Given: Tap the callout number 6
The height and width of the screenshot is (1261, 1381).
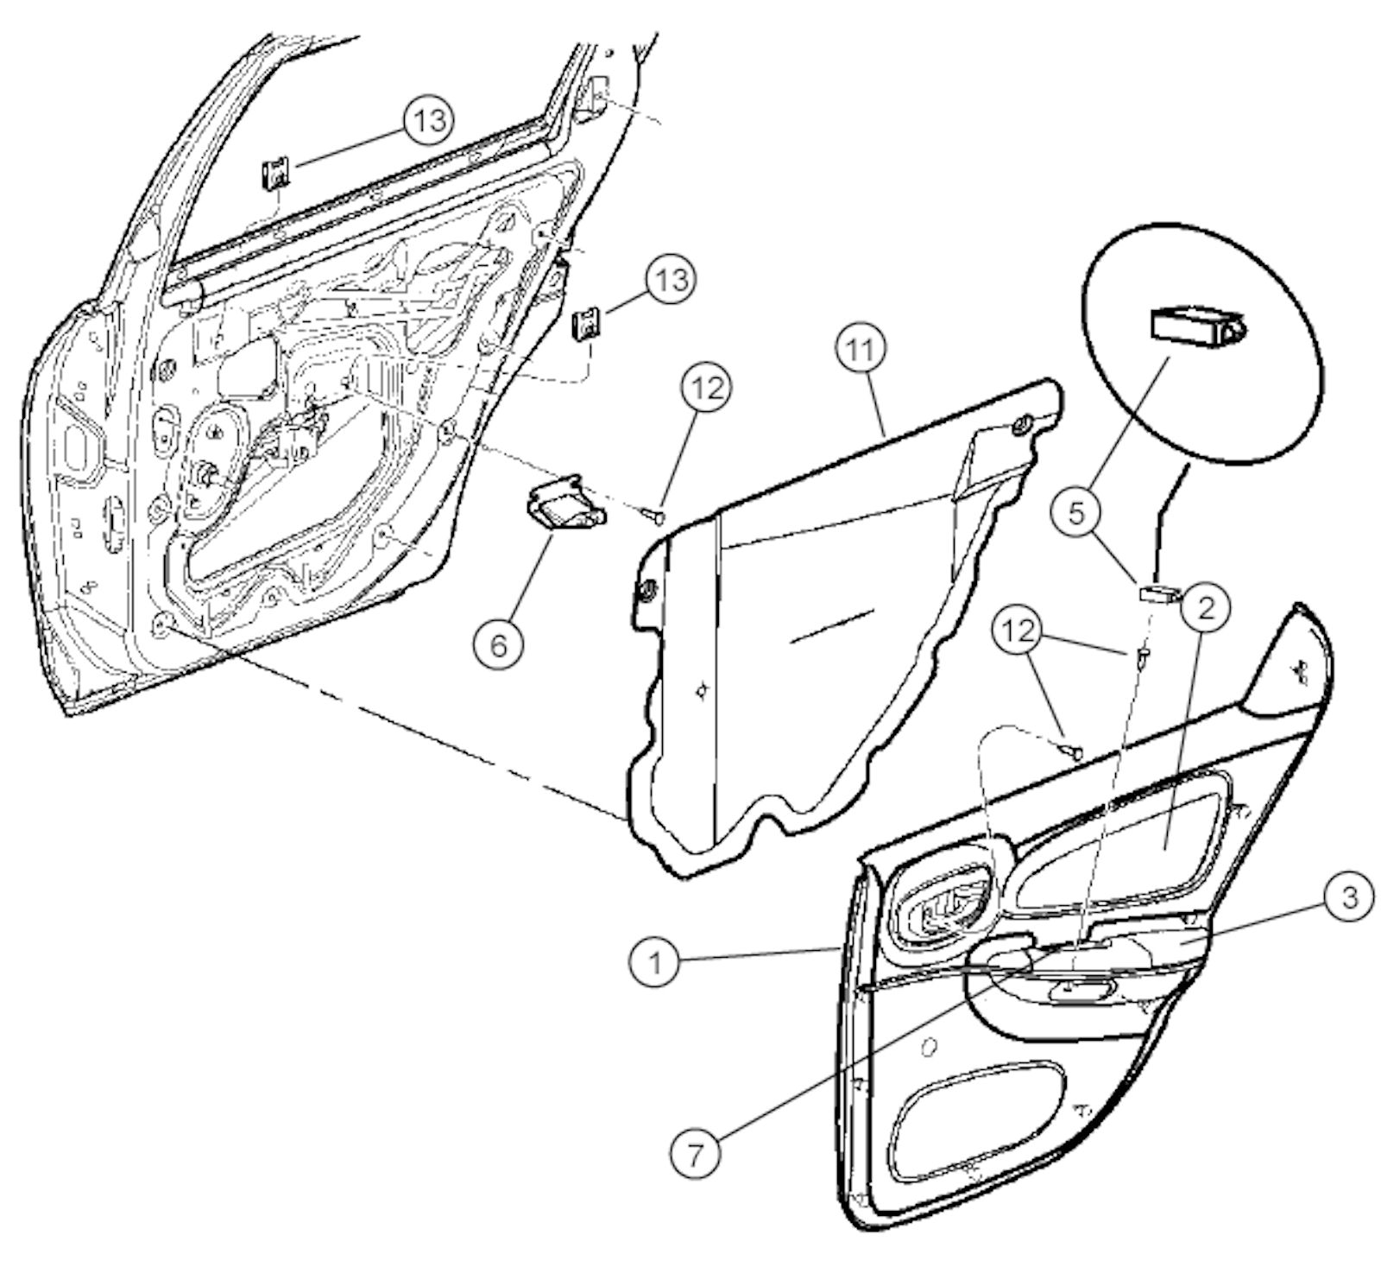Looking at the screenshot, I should [x=499, y=643].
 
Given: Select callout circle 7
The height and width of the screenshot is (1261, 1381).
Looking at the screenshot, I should [x=697, y=1153].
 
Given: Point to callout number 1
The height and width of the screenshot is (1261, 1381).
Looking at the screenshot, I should [x=655, y=961].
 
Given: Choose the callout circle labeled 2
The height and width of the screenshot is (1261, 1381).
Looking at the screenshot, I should [x=1205, y=607].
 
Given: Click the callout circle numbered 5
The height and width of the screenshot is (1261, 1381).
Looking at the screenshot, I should [x=1075, y=513].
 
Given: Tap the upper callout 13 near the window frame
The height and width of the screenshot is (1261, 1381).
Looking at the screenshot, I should [x=429, y=120].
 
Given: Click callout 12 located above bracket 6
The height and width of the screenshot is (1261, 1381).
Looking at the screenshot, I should [x=706, y=388].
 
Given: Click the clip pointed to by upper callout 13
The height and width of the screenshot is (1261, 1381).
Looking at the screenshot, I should [x=275, y=175].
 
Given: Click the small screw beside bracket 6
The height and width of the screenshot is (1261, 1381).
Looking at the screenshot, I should [x=654, y=516].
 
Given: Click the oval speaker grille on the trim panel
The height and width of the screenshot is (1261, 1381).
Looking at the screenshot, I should [x=977, y=1120].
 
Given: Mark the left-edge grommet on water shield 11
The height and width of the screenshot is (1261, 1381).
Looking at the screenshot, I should [x=646, y=592].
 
